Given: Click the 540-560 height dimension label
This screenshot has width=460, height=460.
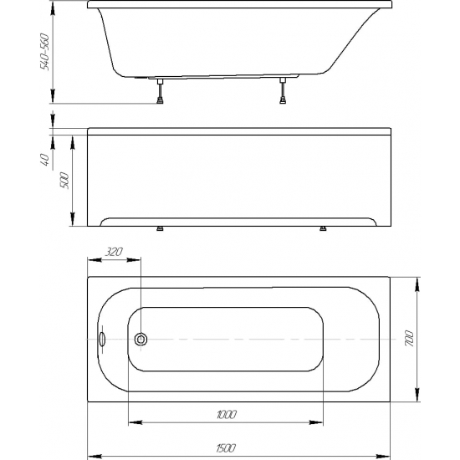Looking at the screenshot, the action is click(45, 52).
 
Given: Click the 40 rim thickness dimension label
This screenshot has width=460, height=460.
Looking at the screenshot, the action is click(45, 159).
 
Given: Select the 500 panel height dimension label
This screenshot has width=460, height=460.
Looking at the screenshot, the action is click(64, 181).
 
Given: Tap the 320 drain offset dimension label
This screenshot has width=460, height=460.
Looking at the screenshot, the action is click(114, 252).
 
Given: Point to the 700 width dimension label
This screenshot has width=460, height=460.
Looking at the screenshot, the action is click(409, 339).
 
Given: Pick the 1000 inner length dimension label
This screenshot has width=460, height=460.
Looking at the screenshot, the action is click(227, 415).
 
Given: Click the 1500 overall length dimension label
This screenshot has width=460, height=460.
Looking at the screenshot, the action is click(226, 448).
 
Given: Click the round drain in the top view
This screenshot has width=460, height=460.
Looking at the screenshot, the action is click(141, 339).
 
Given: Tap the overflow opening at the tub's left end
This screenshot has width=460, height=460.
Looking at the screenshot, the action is click(102, 339).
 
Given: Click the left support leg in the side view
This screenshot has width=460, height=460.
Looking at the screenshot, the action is click(161, 90).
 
